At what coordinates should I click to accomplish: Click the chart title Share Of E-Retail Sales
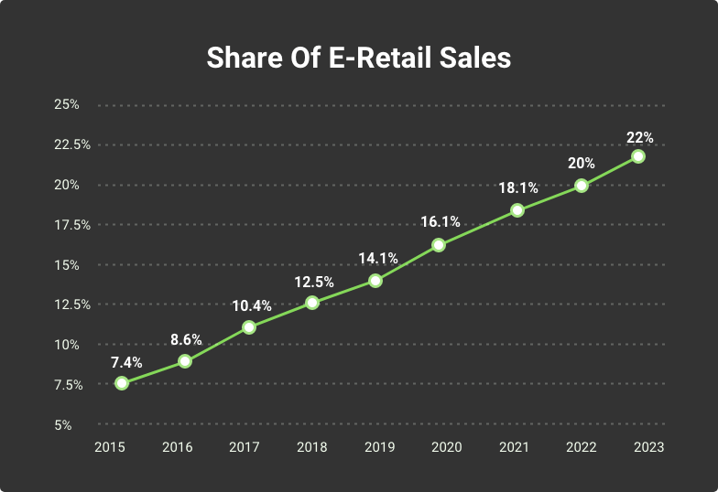(358, 57)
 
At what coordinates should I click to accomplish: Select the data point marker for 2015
(122, 383)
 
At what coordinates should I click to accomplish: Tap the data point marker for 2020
(439, 245)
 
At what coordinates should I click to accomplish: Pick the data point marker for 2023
(638, 156)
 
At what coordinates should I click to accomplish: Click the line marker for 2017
(248, 326)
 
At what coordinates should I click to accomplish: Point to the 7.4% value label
(126, 361)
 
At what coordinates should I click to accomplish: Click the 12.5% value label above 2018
(314, 282)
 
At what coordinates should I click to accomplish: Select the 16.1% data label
(441, 222)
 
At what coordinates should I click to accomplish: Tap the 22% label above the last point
(639, 137)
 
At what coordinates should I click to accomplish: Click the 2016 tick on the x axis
(177, 447)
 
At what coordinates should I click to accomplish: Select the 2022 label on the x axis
(582, 447)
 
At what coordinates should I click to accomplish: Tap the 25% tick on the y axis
(67, 104)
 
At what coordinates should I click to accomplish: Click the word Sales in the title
(473, 57)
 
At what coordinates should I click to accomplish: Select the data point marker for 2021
(517, 210)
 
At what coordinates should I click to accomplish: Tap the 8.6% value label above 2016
(187, 340)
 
